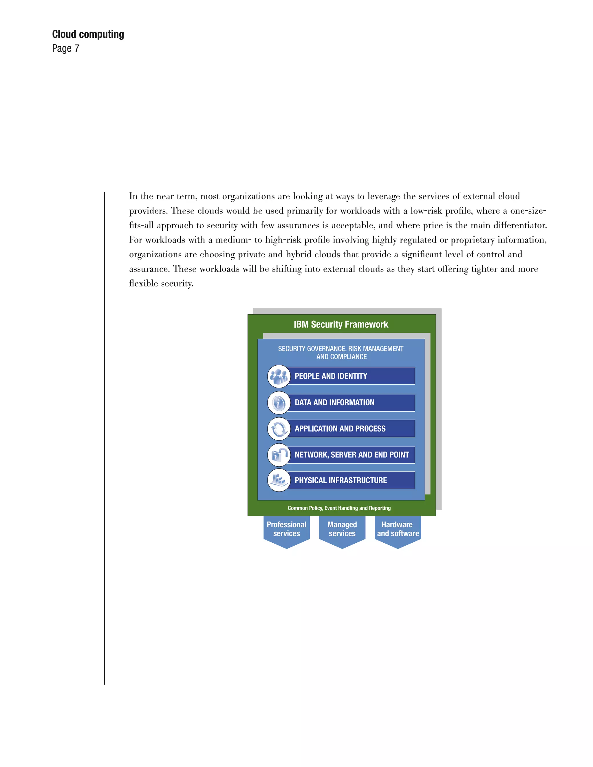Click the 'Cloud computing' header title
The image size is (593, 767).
88,34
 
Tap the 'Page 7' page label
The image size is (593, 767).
66,48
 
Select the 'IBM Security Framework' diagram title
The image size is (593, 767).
341,324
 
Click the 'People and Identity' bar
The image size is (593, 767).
351,376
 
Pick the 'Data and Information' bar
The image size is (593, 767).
351,403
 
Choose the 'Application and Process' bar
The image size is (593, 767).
351,428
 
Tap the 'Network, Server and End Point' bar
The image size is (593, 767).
352,454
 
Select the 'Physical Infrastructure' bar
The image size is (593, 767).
351,480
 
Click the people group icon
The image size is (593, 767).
279,376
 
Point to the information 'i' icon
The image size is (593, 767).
279,403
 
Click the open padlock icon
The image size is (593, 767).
279,455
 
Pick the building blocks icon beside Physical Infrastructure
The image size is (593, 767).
279,480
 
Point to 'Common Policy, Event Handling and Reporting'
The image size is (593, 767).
339,508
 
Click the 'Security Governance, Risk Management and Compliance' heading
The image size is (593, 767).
341,353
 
